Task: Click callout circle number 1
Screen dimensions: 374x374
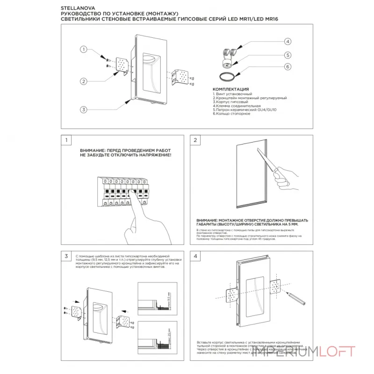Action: (x=83, y=50)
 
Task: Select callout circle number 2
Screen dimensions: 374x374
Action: (x=83, y=81)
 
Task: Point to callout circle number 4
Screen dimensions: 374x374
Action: (x=288, y=42)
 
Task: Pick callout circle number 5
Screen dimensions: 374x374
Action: (x=288, y=55)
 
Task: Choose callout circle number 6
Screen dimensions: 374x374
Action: (x=288, y=67)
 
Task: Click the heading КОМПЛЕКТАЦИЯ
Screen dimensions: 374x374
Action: (x=230, y=89)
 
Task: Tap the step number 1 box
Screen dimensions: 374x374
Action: (x=67, y=140)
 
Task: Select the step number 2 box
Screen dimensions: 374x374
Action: (x=196, y=140)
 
